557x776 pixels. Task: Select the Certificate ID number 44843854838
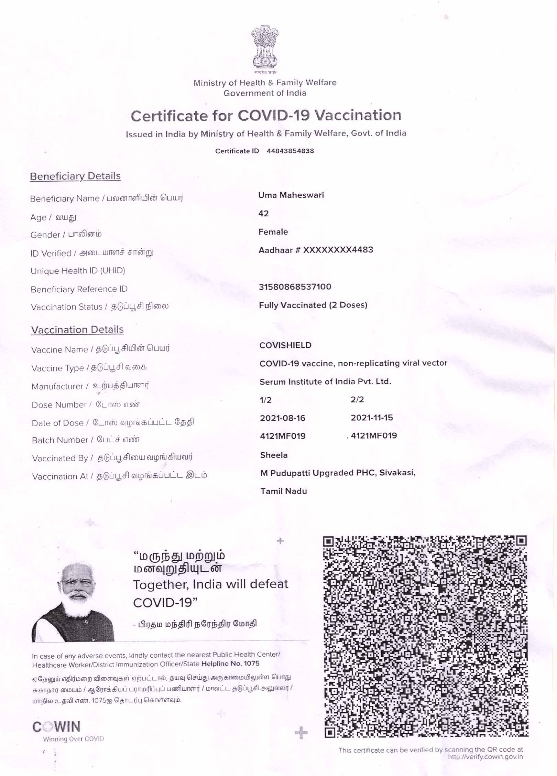(290, 151)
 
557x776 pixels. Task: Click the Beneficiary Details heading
(75, 176)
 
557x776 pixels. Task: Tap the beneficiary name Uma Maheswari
(291, 195)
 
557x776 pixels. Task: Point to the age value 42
(263, 214)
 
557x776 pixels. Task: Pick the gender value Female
(273, 232)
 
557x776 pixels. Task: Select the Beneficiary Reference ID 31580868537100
(295, 287)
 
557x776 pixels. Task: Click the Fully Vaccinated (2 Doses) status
(313, 305)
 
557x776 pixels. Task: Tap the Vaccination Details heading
(77, 330)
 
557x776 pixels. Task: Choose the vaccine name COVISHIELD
(285, 345)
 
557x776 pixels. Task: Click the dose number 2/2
(357, 400)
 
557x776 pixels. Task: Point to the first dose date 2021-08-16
(282, 418)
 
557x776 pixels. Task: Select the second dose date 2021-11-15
(372, 418)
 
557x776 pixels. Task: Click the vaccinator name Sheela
(274, 455)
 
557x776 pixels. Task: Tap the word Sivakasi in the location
(397, 473)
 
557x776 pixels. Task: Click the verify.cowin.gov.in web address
(485, 757)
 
